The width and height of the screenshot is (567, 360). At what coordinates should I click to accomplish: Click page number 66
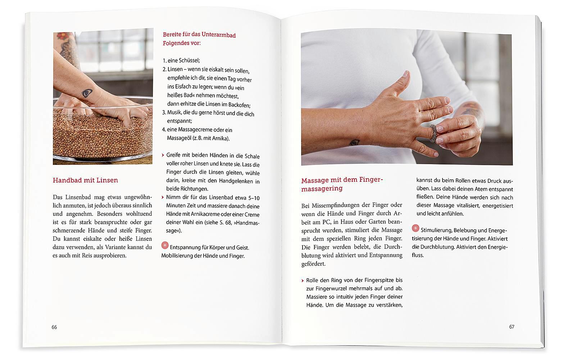click(54, 327)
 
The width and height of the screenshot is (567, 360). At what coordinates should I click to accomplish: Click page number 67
click(512, 327)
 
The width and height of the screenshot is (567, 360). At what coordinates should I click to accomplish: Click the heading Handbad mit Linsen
click(85, 180)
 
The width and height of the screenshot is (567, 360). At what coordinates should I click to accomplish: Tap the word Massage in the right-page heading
click(315, 180)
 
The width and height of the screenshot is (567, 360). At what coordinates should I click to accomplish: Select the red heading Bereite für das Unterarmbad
click(199, 35)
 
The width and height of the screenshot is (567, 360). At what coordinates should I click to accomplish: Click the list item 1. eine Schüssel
click(181, 60)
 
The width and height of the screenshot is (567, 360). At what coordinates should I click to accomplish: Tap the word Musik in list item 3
click(174, 113)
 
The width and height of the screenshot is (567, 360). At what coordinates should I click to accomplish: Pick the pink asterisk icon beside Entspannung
click(165, 246)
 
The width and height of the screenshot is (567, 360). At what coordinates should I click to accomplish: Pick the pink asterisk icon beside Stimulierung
click(416, 228)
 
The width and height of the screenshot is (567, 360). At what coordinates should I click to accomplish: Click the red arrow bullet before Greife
click(163, 155)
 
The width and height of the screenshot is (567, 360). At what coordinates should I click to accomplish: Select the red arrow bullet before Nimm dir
click(163, 197)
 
